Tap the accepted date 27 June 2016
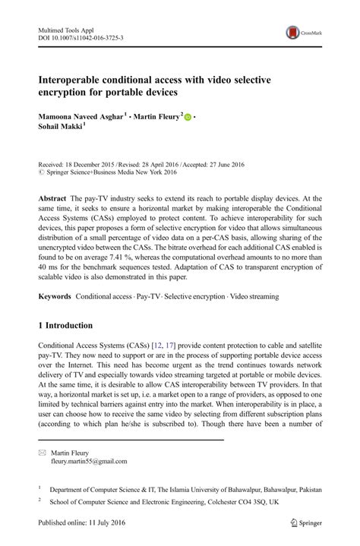coord(226,164)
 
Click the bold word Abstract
coord(53,197)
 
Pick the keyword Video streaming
coord(254,295)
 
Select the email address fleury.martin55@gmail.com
coord(89,461)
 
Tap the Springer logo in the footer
coord(298,524)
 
